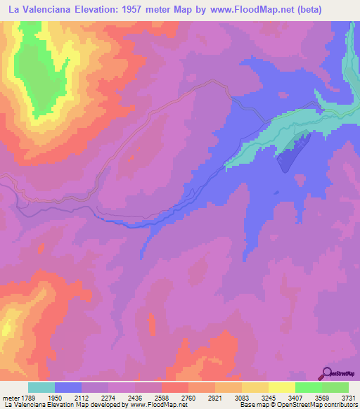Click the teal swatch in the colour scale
pyautogui.click(x=41, y=387)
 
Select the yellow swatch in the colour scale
pyautogui.click(x=281, y=387)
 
